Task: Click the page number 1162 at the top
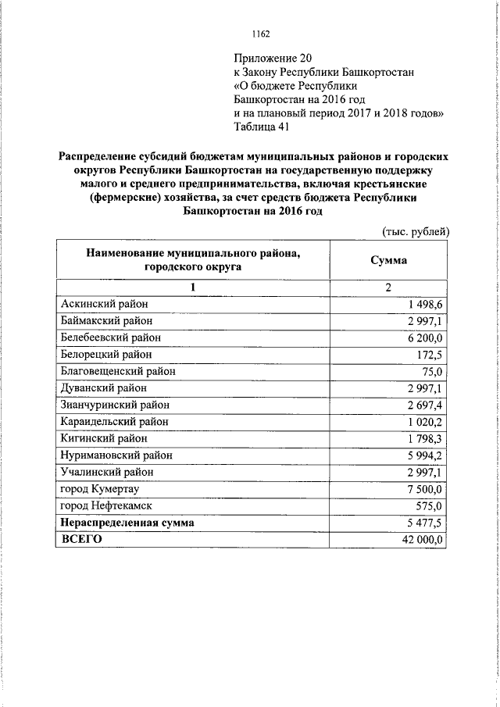click(x=261, y=34)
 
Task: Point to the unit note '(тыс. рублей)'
click(x=416, y=232)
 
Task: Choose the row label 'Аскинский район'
click(x=103, y=304)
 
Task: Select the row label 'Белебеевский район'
click(x=110, y=337)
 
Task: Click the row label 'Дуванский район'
click(x=103, y=388)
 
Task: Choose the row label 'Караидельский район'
click(x=113, y=422)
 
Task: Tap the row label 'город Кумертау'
click(x=98, y=489)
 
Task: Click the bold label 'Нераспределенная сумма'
click(x=127, y=523)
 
